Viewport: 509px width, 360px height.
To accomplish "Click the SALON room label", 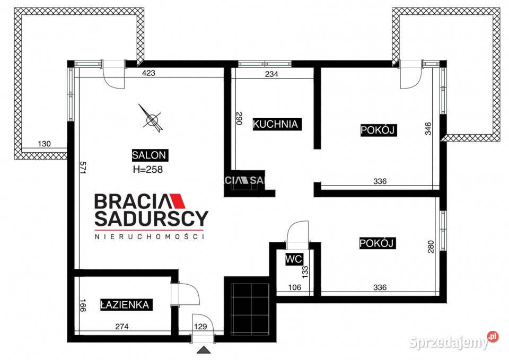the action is click(150, 155).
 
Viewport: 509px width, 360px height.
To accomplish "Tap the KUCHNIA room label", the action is click(276, 124).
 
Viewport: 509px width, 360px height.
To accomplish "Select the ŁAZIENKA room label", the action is click(125, 305).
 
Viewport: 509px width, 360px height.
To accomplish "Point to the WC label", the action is click(294, 259).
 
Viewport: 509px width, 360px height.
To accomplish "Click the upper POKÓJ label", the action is click(378, 130).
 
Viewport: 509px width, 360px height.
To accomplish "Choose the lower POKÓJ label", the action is click(377, 243).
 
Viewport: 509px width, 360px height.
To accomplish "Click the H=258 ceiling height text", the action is click(148, 170).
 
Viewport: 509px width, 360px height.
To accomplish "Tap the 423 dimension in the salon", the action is click(148, 73).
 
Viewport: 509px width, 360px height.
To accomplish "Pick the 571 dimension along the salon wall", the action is click(83, 168).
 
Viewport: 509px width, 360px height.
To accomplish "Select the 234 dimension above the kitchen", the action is click(271, 74).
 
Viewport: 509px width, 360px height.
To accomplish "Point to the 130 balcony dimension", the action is click(45, 144).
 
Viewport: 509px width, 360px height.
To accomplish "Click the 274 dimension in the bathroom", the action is click(122, 327).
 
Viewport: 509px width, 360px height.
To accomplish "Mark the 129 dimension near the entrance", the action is click(200, 327).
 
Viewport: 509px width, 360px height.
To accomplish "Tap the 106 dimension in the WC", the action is click(295, 287).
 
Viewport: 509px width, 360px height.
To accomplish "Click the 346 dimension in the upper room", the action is click(428, 128).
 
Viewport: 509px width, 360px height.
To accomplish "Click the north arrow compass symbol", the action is click(150, 118).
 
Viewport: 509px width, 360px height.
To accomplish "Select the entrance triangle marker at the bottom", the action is click(204, 350).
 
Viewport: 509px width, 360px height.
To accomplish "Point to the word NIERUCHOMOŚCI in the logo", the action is click(150, 236).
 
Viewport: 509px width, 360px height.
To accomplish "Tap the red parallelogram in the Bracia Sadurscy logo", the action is click(177, 201).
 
